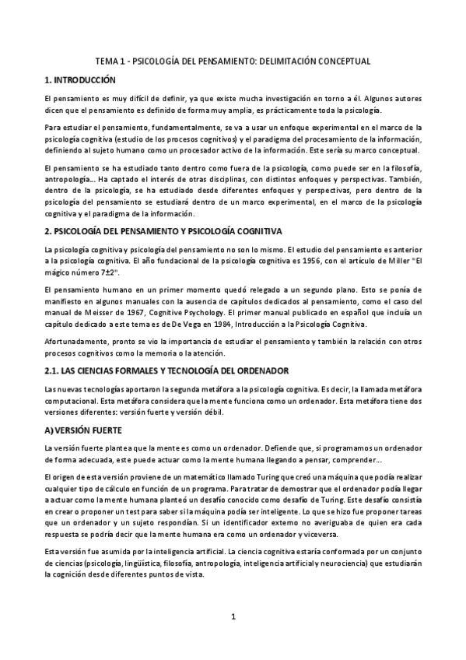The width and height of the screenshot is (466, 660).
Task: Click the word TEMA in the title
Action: (x=107, y=60)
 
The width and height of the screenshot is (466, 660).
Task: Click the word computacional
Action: (x=71, y=405)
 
